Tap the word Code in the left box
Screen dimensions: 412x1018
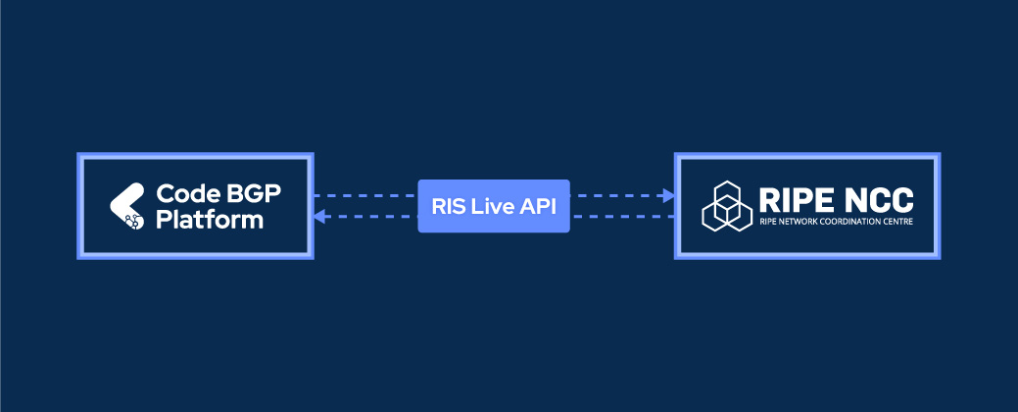tap(180, 194)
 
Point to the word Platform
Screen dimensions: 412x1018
tap(210, 220)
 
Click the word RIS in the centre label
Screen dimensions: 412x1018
tap(448, 206)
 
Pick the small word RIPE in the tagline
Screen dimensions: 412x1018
tap(767, 224)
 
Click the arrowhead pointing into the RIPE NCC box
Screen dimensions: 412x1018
tap(669, 196)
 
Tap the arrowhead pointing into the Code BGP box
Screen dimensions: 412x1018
tap(319, 217)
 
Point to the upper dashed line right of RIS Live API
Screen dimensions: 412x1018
tap(617, 196)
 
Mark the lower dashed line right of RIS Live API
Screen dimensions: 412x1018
tap(622, 217)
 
